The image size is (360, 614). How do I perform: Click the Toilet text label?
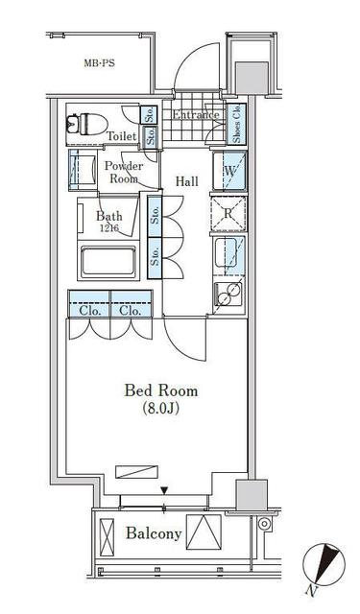tap(122, 136)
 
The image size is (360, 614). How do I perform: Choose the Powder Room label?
tap(124, 172)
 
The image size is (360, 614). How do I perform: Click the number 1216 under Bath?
tap(108, 228)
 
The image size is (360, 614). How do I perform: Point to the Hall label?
tap(186, 179)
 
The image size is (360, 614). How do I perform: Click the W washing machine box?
tap(230, 173)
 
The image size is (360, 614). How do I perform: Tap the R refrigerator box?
tap(230, 213)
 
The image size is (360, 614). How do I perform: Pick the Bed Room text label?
tap(161, 390)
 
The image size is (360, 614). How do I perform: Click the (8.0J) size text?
tap(161, 410)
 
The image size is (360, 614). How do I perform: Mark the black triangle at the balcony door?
tap(164, 491)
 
